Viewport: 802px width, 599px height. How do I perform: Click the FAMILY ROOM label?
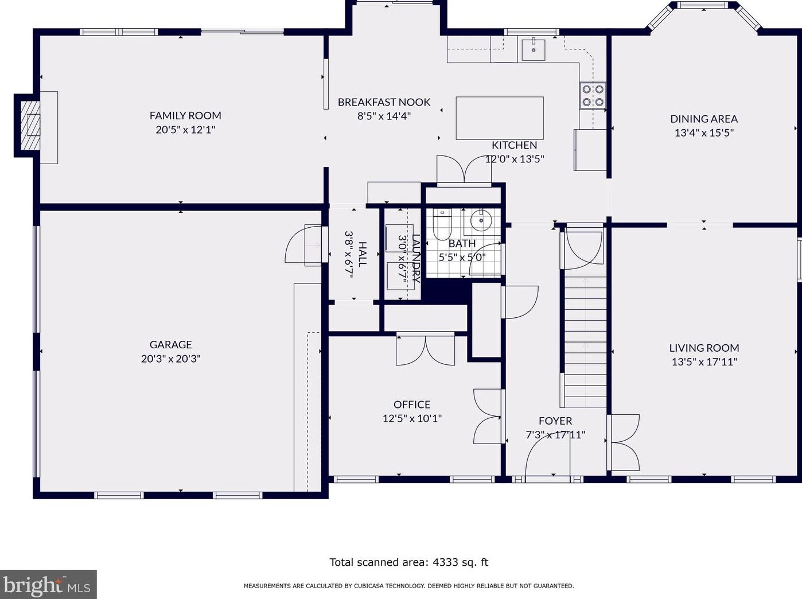click(x=185, y=115)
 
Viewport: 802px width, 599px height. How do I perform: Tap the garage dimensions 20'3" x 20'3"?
click(x=170, y=359)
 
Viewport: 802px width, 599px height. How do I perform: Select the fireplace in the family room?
click(x=30, y=125)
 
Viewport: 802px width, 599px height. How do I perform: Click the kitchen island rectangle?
click(x=500, y=118)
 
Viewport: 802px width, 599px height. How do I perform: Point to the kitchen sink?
click(x=533, y=49)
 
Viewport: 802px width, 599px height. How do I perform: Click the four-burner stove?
click(x=593, y=95)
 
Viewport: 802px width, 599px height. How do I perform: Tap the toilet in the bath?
click(x=442, y=224)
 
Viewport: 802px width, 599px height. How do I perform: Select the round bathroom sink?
click(x=481, y=220)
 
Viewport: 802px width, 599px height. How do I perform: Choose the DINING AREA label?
click(x=704, y=119)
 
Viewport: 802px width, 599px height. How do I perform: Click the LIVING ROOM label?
click(x=704, y=348)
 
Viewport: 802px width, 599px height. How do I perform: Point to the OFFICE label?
click(x=412, y=404)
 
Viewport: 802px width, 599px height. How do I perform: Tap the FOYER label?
click(x=555, y=421)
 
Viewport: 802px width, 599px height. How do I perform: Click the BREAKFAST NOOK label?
click(x=384, y=102)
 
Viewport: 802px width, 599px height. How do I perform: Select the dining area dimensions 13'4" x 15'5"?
click(x=704, y=133)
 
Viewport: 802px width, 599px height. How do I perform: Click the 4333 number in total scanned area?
click(x=445, y=562)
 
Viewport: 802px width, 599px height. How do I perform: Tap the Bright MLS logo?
click(x=48, y=585)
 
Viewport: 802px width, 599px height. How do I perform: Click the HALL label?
click(x=362, y=254)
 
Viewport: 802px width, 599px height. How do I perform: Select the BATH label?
click(x=462, y=243)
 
